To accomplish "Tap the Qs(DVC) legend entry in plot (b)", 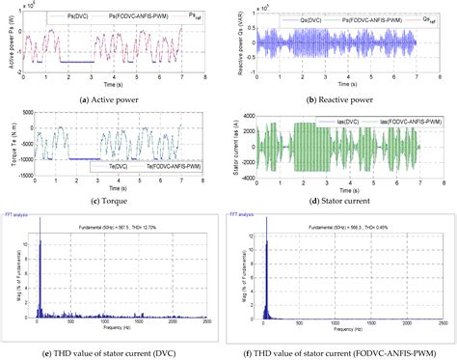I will [298, 14].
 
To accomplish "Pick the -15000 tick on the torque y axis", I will [22, 175].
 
